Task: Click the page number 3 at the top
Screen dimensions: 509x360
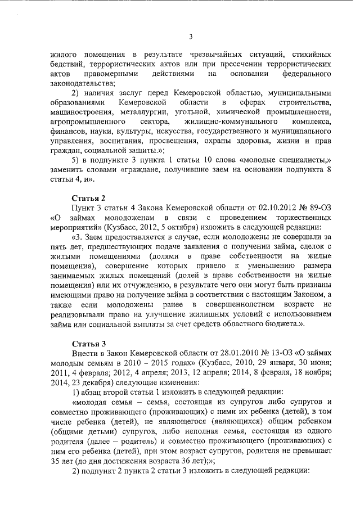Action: click(191, 37)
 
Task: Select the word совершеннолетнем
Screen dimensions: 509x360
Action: click(232, 304)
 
